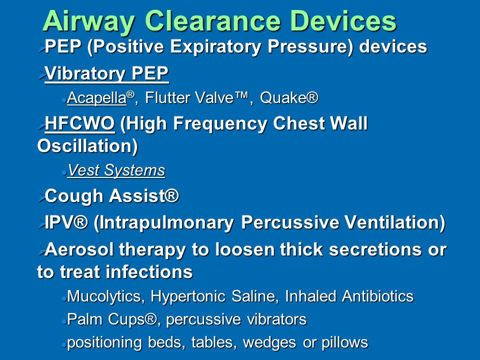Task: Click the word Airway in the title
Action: coord(89,21)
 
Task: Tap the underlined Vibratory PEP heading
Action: coord(106,73)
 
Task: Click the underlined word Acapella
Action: coord(96,98)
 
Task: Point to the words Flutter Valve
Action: coord(189,97)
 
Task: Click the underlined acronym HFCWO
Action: coord(79,123)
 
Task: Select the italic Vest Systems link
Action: coord(116,170)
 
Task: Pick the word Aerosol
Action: coord(79,249)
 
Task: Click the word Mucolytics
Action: coord(104,296)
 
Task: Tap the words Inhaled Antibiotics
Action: coord(349,296)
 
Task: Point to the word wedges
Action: coord(269,342)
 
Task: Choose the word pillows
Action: coord(344,342)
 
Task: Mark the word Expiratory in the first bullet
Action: coord(215,47)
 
